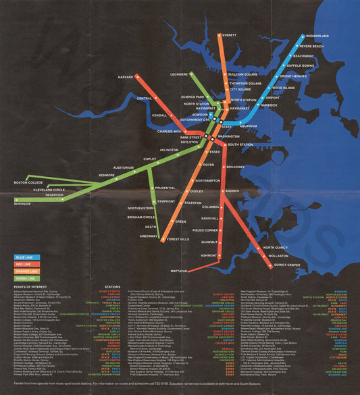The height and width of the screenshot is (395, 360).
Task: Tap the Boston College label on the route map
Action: coord(38,183)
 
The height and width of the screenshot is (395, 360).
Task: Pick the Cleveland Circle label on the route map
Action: coord(49,190)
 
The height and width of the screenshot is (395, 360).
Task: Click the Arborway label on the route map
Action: coord(149,236)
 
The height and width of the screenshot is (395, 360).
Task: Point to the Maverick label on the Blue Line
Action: coord(269,105)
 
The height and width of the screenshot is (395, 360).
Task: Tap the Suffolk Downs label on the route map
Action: coord(301,66)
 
